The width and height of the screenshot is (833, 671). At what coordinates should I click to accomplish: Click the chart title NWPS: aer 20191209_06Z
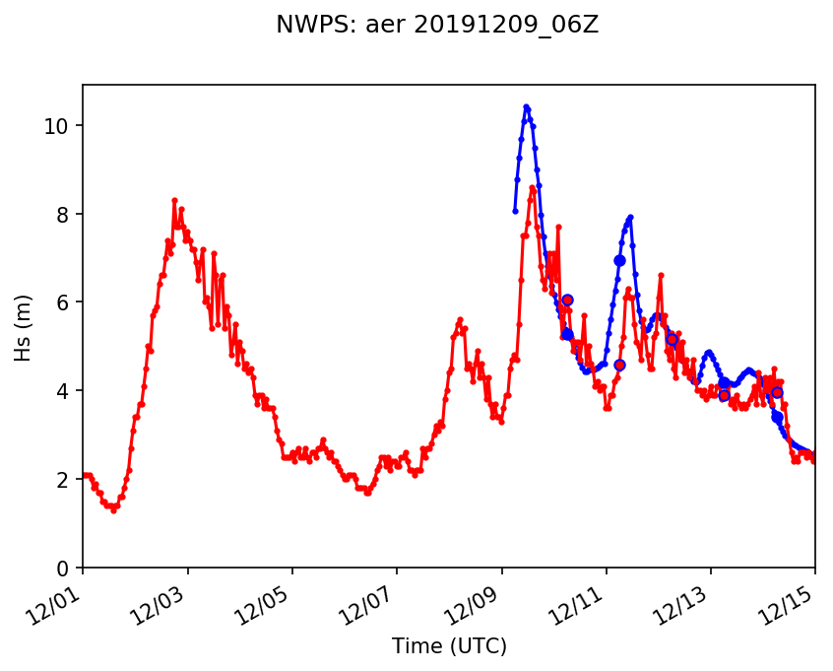[x=437, y=26]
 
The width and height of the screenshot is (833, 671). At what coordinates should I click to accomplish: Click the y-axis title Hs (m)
[x=23, y=326]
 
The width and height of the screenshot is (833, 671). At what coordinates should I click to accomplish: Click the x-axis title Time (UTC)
[x=449, y=646]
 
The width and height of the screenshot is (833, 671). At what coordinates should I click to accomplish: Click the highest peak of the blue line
[x=527, y=107]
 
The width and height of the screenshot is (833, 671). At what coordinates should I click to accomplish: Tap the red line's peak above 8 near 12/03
[x=174, y=200]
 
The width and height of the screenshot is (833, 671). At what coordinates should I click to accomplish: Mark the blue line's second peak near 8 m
[x=630, y=217]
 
